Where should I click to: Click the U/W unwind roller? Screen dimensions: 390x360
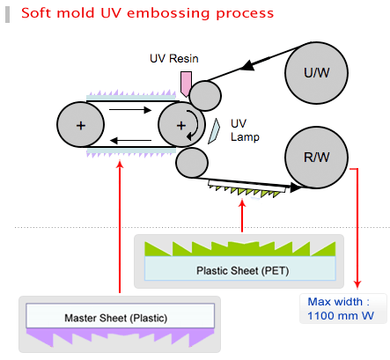[x=316, y=72]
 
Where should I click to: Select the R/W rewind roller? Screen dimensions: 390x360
[x=316, y=157]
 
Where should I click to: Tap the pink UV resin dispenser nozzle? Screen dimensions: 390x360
[x=186, y=84]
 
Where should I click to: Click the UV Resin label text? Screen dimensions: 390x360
[x=174, y=59]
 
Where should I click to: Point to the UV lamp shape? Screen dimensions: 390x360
[x=214, y=131]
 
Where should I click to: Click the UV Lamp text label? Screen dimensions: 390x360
[x=245, y=130]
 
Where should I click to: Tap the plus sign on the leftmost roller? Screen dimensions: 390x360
[x=81, y=126]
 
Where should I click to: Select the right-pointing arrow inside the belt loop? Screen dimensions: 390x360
[x=130, y=110]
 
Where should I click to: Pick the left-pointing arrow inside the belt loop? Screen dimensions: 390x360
[x=130, y=141]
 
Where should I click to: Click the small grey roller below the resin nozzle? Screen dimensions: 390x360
[x=205, y=96]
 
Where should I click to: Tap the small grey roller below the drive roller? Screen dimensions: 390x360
[x=192, y=163]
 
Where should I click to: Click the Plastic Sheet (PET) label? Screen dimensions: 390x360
[x=243, y=270]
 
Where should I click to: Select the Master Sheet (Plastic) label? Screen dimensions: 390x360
[x=116, y=318]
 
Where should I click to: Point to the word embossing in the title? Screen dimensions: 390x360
[x=168, y=13]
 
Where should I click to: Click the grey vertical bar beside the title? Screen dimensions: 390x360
[x=7, y=14]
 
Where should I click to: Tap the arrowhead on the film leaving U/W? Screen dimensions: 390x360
[x=247, y=66]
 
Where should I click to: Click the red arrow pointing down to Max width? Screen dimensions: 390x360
[x=357, y=228]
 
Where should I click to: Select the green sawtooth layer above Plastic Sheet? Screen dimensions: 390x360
[x=240, y=249]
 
